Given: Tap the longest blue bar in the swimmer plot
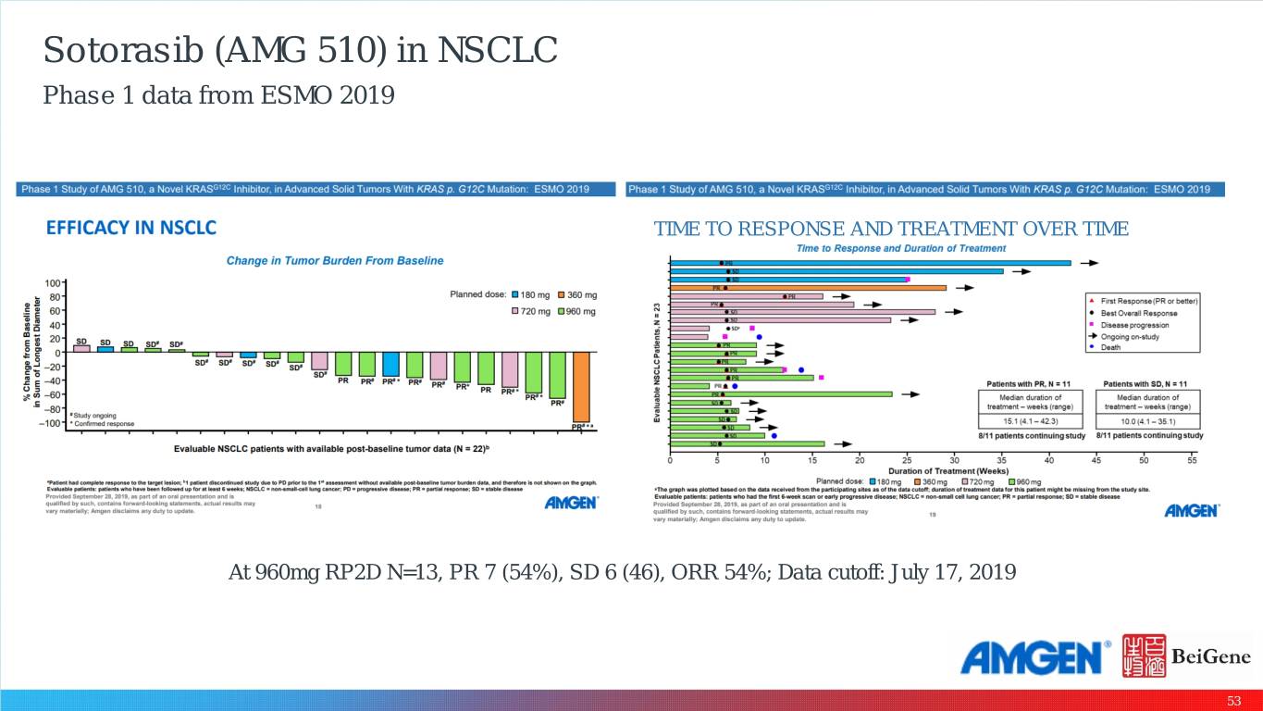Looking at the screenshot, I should (870, 263).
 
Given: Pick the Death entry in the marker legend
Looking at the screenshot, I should (1109, 348).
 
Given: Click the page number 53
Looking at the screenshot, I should (1233, 701).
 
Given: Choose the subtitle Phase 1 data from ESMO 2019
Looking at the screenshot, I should (218, 94).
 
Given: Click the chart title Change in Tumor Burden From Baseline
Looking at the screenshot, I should (335, 261).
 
